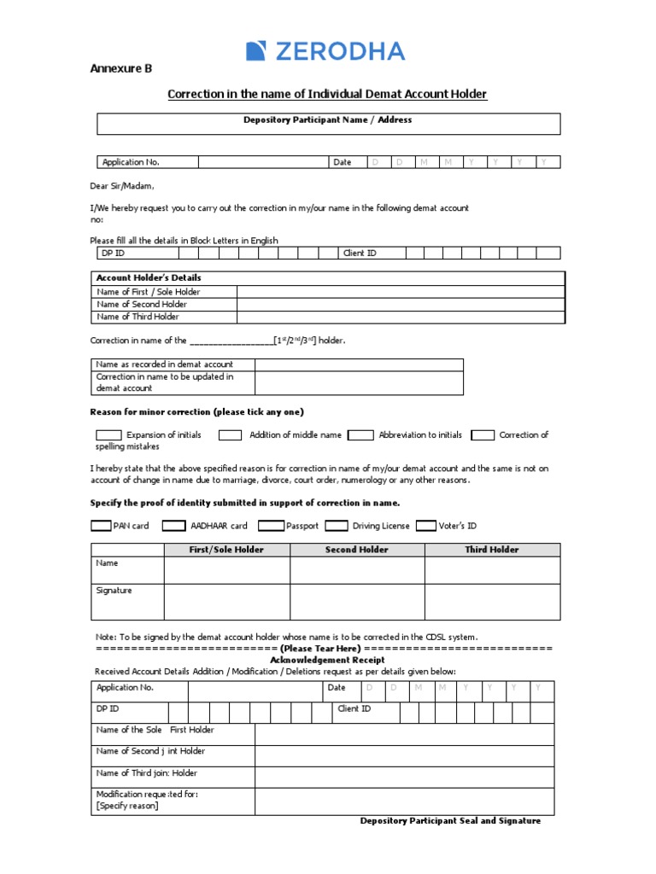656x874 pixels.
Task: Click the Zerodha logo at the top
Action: coord(325,51)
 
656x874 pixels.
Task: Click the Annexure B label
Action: coord(121,69)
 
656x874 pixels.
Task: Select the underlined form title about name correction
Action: coord(327,94)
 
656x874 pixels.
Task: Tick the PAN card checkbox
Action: coord(101,526)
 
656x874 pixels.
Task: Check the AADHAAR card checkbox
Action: coord(173,526)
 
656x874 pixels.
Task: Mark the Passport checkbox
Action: coord(271,526)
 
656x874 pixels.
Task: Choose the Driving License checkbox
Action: coord(337,526)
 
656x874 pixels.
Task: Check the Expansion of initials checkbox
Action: coord(108,435)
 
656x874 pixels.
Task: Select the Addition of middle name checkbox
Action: coord(230,435)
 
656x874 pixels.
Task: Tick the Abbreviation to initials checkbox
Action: coord(360,435)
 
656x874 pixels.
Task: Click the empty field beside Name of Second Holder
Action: coord(400,305)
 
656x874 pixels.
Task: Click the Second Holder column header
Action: coord(356,550)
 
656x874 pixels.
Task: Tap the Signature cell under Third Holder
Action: coord(492,601)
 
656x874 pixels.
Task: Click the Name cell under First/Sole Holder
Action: coord(226,570)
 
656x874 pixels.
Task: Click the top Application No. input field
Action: coord(263,162)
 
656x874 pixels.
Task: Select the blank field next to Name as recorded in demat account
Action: coord(359,364)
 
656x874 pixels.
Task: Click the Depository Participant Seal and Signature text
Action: coord(450,821)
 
